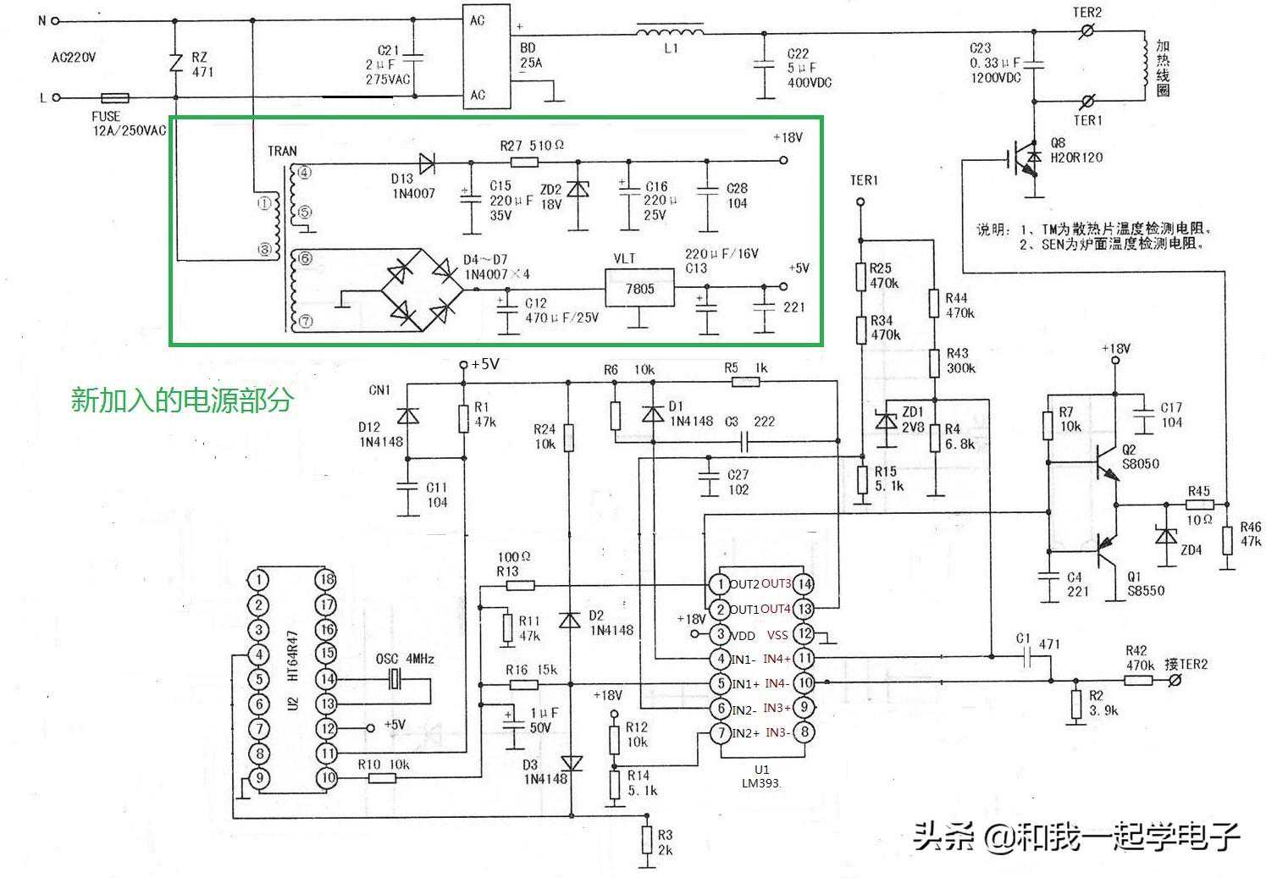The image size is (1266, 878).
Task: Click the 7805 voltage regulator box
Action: pyautogui.click(x=639, y=290)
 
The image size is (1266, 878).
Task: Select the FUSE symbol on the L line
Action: pyautogui.click(x=114, y=97)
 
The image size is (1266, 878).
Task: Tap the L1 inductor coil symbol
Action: pyautogui.click(x=669, y=33)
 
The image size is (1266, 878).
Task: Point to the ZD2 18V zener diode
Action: pyautogui.click(x=578, y=191)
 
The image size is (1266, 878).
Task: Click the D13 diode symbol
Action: pyautogui.click(x=428, y=162)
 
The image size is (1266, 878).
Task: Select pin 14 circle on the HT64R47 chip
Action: pyautogui.click(x=326, y=678)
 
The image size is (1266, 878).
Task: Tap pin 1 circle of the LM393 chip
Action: pyautogui.click(x=719, y=584)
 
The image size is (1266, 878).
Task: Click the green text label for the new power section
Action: pyautogui.click(x=181, y=399)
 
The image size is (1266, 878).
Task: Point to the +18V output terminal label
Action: pyautogui.click(x=787, y=137)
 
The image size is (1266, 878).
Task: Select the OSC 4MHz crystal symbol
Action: pyautogui.click(x=394, y=678)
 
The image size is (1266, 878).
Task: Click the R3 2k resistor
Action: pyautogui.click(x=646, y=842)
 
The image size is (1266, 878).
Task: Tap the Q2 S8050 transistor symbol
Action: pyautogui.click(x=1105, y=461)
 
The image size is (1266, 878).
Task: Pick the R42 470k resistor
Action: pyautogui.click(x=1139, y=680)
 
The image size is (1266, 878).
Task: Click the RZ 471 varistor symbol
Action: pyautogui.click(x=175, y=64)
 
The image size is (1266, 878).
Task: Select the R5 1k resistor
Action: pyautogui.click(x=745, y=383)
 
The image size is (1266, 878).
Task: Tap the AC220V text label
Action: pyautogui.click(x=74, y=58)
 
